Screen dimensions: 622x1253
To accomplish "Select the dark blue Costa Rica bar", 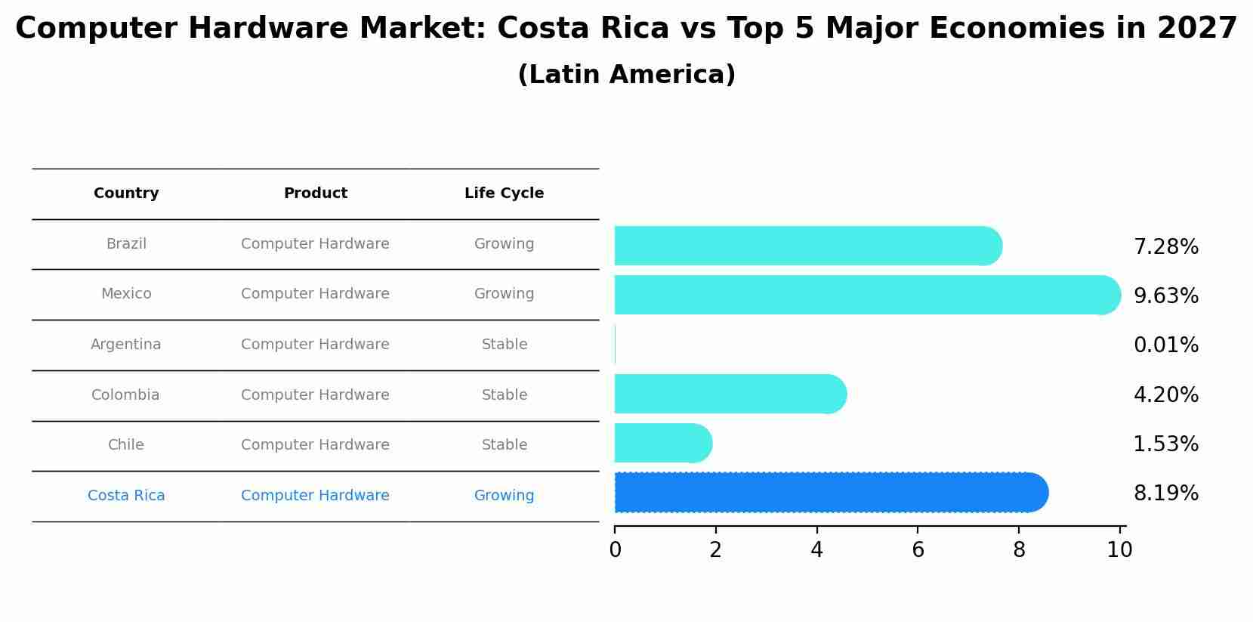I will tap(831, 493).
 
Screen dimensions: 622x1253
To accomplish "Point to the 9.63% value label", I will tap(1165, 296).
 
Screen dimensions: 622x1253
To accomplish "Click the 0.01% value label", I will tap(1165, 345).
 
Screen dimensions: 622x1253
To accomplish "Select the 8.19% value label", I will tap(1165, 494).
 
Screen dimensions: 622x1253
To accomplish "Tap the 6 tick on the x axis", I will tap(918, 550).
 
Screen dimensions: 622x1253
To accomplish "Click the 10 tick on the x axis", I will tap(1119, 550).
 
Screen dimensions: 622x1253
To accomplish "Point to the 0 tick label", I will tap(615, 550).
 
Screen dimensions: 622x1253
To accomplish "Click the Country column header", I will tap(126, 193).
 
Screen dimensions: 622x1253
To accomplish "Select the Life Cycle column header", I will tap(504, 193).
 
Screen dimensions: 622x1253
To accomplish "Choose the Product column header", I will tap(315, 193).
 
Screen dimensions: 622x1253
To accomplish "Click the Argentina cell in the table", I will tap(125, 345).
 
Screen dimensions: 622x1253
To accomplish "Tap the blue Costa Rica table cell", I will tap(126, 496).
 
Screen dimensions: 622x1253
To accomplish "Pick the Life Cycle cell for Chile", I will tap(504, 445).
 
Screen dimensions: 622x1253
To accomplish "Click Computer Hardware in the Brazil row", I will tap(315, 244).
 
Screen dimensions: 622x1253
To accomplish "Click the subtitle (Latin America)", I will tap(626, 75).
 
